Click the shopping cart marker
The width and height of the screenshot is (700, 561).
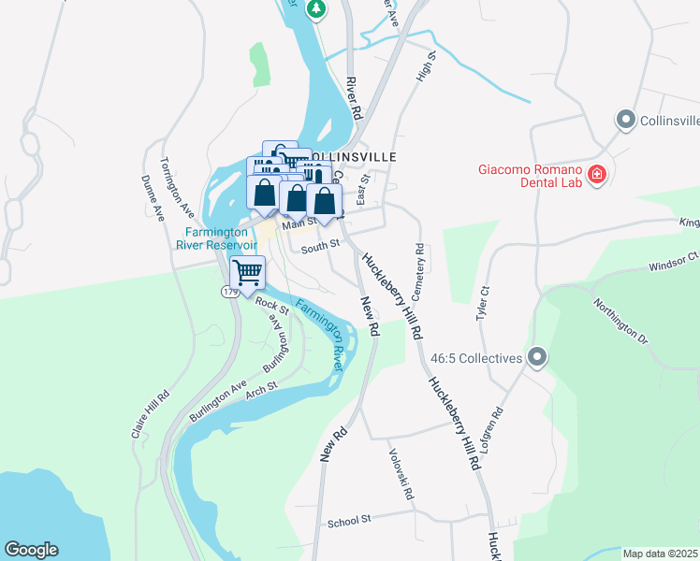point(247,273)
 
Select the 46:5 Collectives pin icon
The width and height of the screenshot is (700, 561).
point(537,357)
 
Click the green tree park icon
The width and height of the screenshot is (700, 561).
point(317,8)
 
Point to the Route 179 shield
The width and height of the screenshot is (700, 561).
point(230,293)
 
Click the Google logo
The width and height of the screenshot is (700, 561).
point(31,550)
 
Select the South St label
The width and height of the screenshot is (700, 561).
point(319,248)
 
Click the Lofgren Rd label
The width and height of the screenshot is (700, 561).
point(492,431)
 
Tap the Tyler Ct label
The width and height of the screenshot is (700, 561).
point(484,304)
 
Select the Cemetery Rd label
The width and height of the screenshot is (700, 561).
point(419,272)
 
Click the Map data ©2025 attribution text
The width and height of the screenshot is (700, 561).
point(660,554)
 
